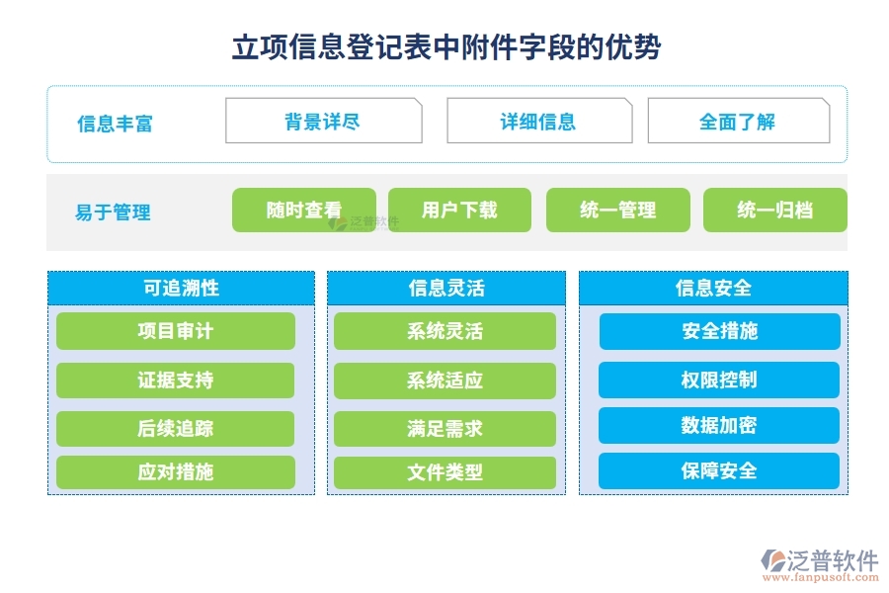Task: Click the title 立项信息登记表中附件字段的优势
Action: [x=445, y=46]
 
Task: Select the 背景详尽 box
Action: [x=323, y=122]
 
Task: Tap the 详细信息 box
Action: [x=538, y=122]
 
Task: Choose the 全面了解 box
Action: [x=738, y=122]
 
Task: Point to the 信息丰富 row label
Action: [x=115, y=124]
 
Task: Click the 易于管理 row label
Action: [x=113, y=212]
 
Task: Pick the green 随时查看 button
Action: [x=303, y=210]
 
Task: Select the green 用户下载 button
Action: [x=459, y=210]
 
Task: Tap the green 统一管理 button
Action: [x=617, y=210]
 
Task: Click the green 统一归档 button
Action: [x=774, y=210]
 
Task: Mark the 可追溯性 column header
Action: [x=181, y=288]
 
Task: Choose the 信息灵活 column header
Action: [x=445, y=288]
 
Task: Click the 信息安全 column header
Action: [x=712, y=288]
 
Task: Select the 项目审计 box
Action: [x=175, y=331]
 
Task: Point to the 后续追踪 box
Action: [x=175, y=428]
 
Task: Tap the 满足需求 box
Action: [x=444, y=428]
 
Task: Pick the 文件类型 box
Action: [x=444, y=472]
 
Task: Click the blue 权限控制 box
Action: [x=719, y=380]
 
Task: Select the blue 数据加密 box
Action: [x=719, y=425]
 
